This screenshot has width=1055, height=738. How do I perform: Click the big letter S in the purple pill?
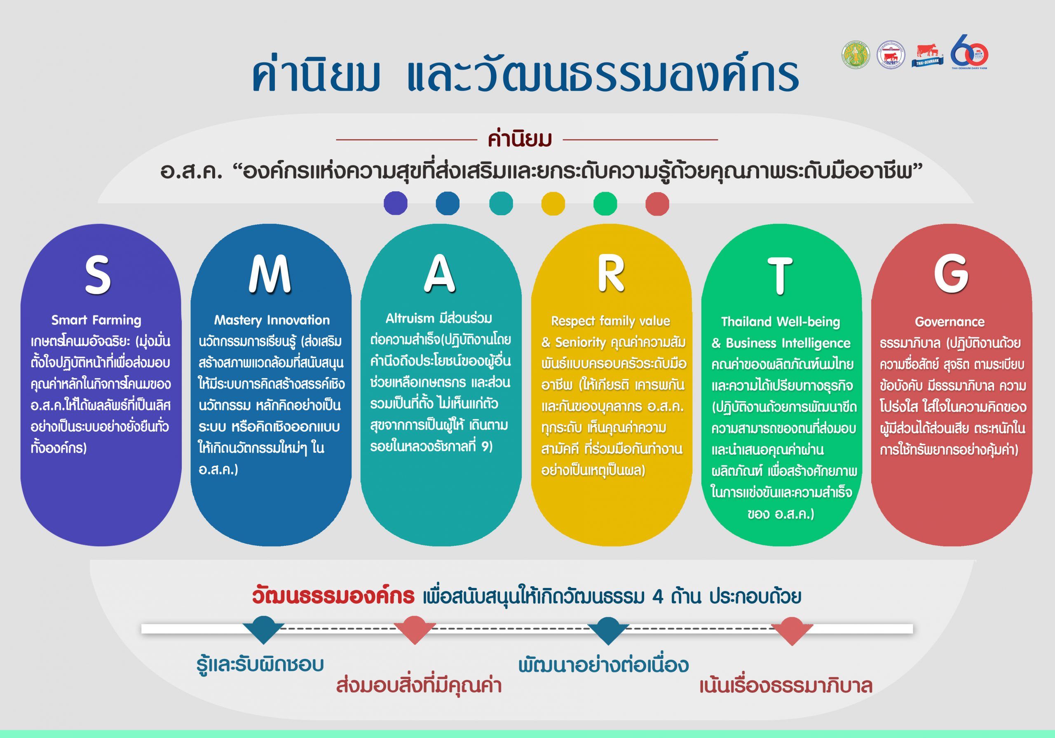pos(97,275)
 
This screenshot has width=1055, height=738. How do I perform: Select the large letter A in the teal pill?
pos(439,274)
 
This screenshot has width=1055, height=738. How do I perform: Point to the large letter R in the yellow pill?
pos(611,274)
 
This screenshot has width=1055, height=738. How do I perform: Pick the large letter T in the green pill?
pos(780,275)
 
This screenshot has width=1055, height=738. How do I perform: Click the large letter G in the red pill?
pos(951,275)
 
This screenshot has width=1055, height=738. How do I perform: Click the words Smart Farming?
pos(96,320)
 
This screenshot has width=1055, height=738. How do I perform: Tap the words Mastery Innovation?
pos(272,320)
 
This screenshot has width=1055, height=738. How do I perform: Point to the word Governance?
pos(949,322)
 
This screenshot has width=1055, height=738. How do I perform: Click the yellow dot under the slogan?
pos(553,204)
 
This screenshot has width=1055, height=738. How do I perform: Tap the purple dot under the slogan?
pos(396,203)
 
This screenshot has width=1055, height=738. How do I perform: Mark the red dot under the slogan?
pos(657,204)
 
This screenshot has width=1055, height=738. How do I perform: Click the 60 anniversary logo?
pos(970,54)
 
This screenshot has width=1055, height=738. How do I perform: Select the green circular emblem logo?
pos(856,56)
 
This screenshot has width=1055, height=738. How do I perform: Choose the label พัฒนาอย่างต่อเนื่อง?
pos(603,665)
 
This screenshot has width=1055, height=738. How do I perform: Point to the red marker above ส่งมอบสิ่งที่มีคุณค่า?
pos(415,630)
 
